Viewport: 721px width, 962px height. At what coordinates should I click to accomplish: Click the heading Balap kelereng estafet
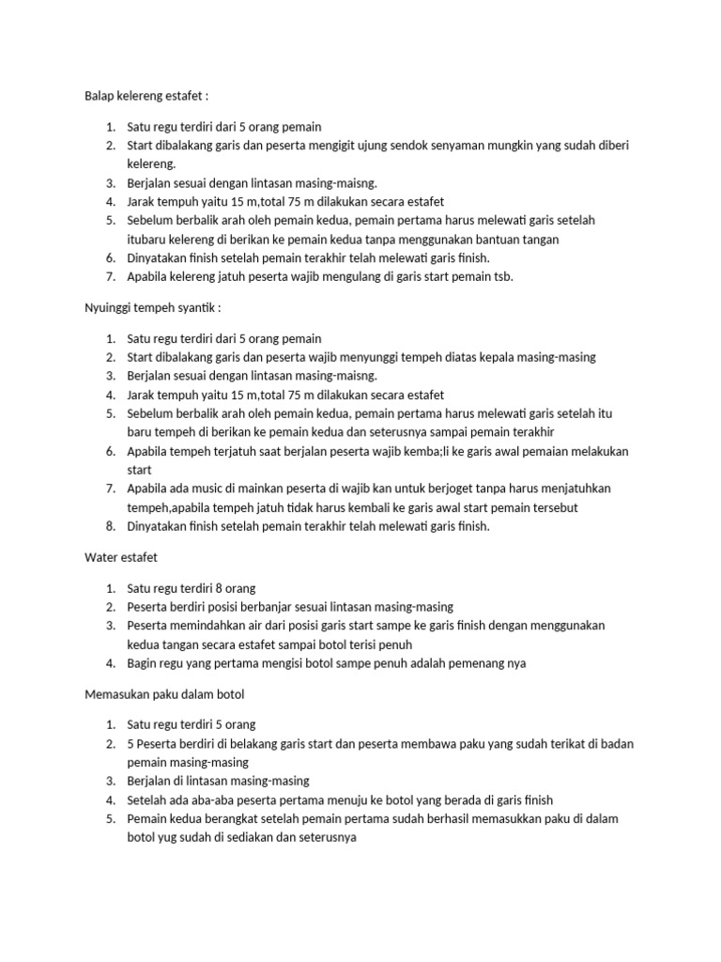(x=147, y=97)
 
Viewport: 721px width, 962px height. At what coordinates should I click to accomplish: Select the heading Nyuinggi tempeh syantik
(x=152, y=309)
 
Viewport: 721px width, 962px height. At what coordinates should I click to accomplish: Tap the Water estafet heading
(x=121, y=558)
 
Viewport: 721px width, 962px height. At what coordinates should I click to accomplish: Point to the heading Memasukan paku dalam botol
(x=164, y=695)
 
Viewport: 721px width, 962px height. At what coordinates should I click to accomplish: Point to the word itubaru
(x=150, y=239)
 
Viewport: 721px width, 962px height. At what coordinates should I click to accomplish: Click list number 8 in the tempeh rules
(x=109, y=526)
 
